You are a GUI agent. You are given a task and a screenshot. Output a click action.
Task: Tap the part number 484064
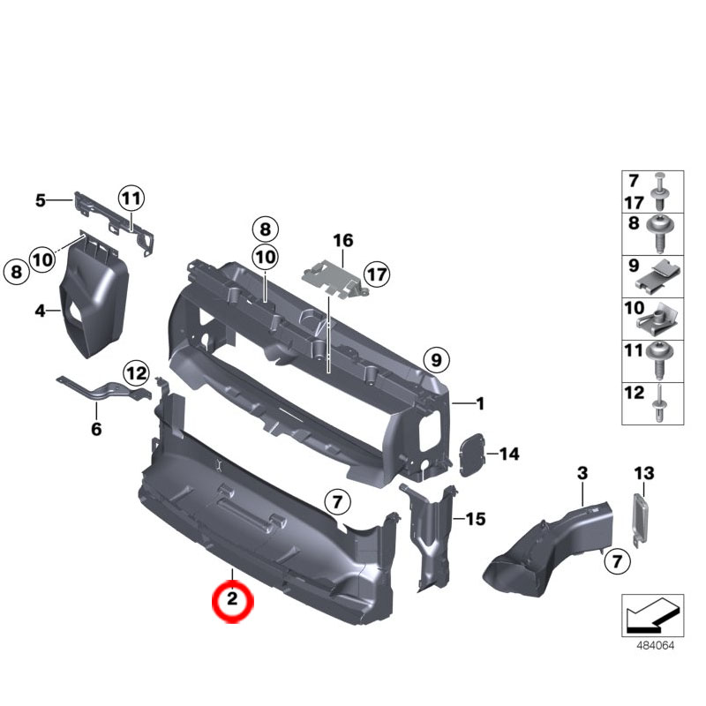coord(655,645)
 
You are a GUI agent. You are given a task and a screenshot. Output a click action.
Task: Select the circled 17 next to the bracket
coord(377,274)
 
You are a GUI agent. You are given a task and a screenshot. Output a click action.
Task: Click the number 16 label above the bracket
coord(342,240)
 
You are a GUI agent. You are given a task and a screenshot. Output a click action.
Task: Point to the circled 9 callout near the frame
coord(434,360)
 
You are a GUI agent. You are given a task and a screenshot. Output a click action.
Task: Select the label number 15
coord(476,519)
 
